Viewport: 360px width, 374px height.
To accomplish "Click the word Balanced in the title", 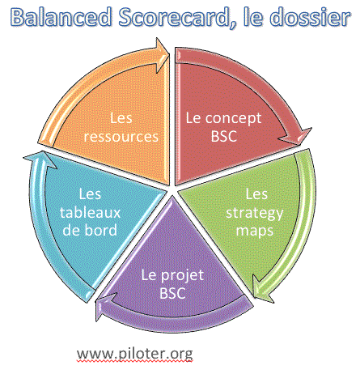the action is pyautogui.click(x=61, y=17).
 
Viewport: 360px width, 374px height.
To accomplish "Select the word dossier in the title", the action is pyautogui.click(x=310, y=17).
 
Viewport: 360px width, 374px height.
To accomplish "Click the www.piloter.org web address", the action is pyautogui.click(x=135, y=354).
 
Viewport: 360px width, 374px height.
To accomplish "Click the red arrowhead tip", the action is pyautogui.click(x=299, y=145).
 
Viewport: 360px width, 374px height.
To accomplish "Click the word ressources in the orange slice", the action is pyautogui.click(x=121, y=136).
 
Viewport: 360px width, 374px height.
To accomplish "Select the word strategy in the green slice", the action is pyautogui.click(x=255, y=213).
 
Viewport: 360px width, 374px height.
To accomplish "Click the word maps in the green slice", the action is pyautogui.click(x=255, y=231).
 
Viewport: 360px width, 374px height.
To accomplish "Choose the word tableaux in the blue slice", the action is pyautogui.click(x=90, y=212).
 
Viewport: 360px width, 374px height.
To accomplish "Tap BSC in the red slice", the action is pyautogui.click(x=224, y=136).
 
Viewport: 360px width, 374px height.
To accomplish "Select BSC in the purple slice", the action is pyautogui.click(x=172, y=293).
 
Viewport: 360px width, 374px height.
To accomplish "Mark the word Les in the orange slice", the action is pyautogui.click(x=121, y=118).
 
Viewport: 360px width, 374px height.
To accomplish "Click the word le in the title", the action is pyautogui.click(x=253, y=17).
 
